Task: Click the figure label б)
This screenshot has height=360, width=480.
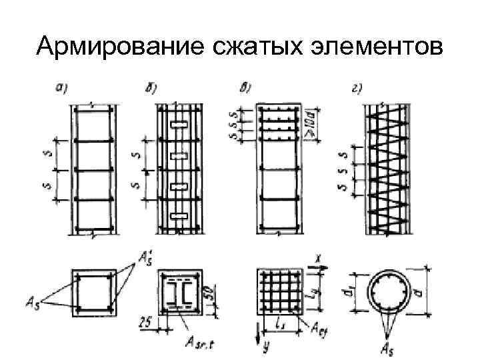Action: tap(150, 87)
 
